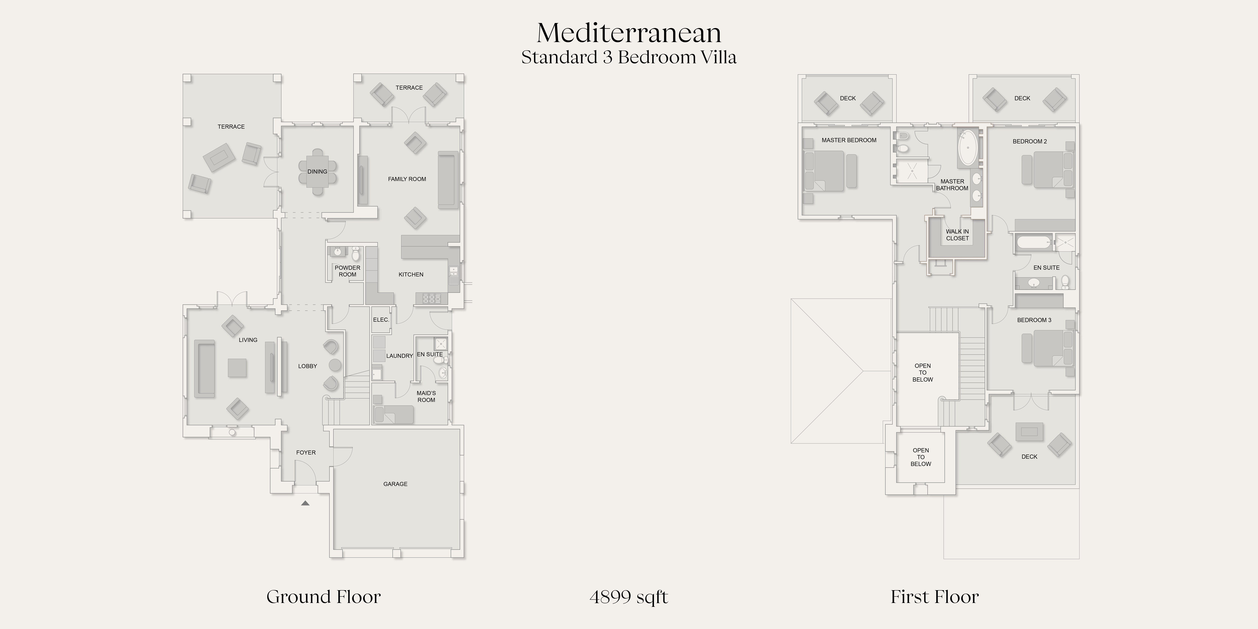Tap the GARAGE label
point(395,484)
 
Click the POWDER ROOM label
point(347,271)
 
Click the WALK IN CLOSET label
point(957,235)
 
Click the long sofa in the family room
point(448,180)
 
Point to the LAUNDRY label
point(400,356)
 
